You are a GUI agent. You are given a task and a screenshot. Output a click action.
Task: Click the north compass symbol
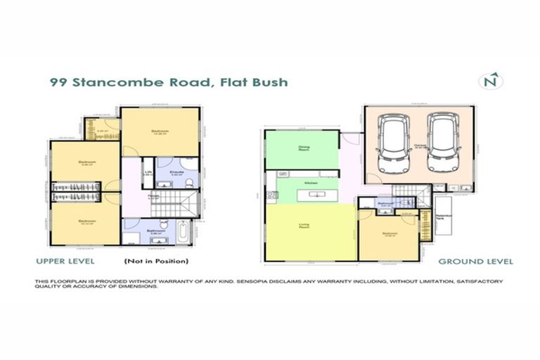tap(491, 81)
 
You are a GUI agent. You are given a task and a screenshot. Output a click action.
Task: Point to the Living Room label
tap(304, 226)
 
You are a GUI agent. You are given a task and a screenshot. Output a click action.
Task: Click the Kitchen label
tap(309, 183)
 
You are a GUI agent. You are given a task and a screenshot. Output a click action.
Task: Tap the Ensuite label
tap(178, 171)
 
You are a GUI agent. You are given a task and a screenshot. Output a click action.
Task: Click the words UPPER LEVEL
tap(65, 262)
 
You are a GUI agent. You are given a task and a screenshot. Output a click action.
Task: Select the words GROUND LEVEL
tap(475, 262)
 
